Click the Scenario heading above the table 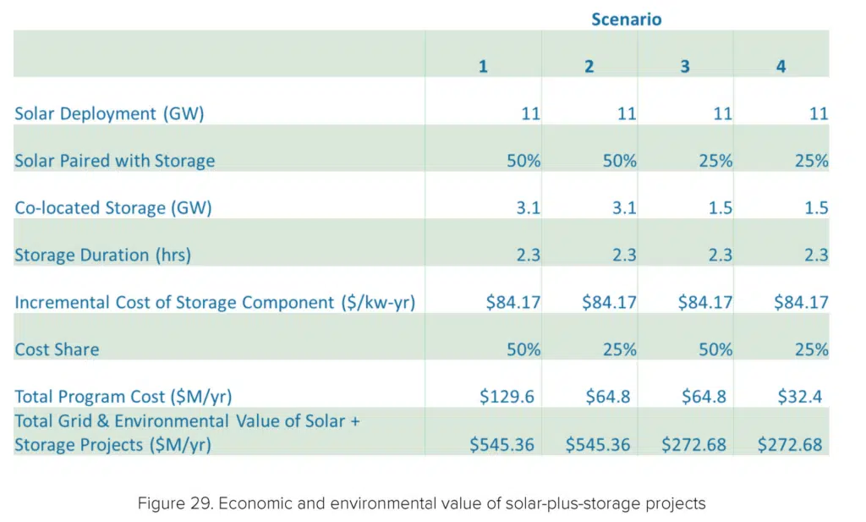(626, 19)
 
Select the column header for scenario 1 (483, 66)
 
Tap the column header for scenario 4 (781, 66)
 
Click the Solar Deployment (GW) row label (109, 113)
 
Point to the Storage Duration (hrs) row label (102, 255)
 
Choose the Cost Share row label (57, 349)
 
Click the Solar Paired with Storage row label (114, 161)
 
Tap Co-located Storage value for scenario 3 (720, 208)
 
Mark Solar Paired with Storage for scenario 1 (523, 161)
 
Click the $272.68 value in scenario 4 (789, 444)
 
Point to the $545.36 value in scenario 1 (502, 444)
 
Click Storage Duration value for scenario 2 (624, 255)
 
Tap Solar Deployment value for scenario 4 (818, 113)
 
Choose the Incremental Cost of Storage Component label (214, 302)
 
